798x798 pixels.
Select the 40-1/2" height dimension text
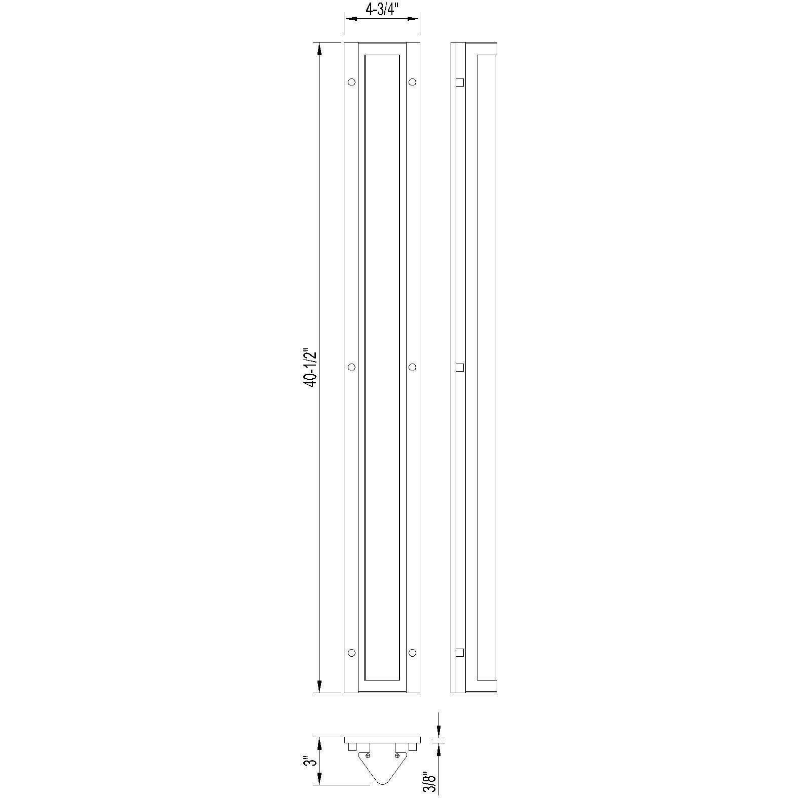310,368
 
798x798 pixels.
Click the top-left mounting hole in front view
351,82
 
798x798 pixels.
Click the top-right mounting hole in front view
412,82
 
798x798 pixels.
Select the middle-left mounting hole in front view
351,367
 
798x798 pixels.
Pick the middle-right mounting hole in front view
412,367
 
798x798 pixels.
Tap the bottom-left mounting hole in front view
351,653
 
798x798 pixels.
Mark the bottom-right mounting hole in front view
412,653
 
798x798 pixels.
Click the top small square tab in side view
460,82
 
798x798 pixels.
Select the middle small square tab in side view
460,368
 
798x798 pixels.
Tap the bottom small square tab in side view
460,653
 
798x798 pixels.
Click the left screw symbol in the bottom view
368,755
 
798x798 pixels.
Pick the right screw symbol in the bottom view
397,755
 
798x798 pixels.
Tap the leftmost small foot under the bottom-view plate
352,747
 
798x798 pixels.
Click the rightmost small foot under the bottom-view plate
413,747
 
